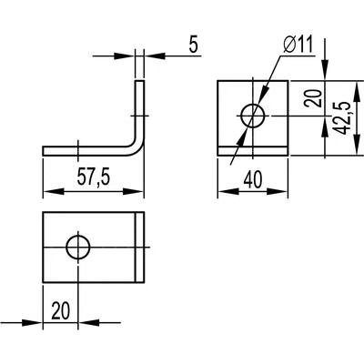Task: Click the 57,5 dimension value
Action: pyautogui.click(x=93, y=177)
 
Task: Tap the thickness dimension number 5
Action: pyautogui.click(x=193, y=45)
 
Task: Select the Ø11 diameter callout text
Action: pyautogui.click(x=298, y=45)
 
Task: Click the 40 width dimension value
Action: pyautogui.click(x=252, y=179)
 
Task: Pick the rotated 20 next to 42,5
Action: pyautogui.click(x=313, y=97)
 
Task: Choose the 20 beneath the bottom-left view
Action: pyautogui.click(x=60, y=310)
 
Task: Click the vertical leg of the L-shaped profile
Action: pyautogui.click(x=139, y=111)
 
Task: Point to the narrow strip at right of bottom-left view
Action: pyautogui.click(x=139, y=248)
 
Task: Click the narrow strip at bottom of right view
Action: pyautogui.click(x=253, y=151)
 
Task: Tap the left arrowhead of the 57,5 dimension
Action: pyautogui.click(x=54, y=192)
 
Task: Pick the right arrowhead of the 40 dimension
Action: pyautogui.click(x=278, y=192)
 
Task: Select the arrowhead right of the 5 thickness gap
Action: pyautogui.click(x=155, y=56)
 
